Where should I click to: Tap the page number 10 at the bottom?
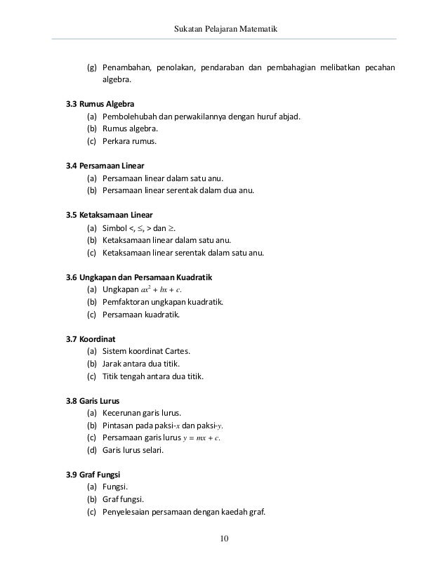(224, 539)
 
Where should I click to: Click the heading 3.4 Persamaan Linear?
(105, 165)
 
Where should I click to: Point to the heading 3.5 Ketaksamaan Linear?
(109, 214)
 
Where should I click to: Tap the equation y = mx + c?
(201, 438)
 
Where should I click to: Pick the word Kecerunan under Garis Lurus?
(124, 413)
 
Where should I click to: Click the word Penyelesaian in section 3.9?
(129, 512)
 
